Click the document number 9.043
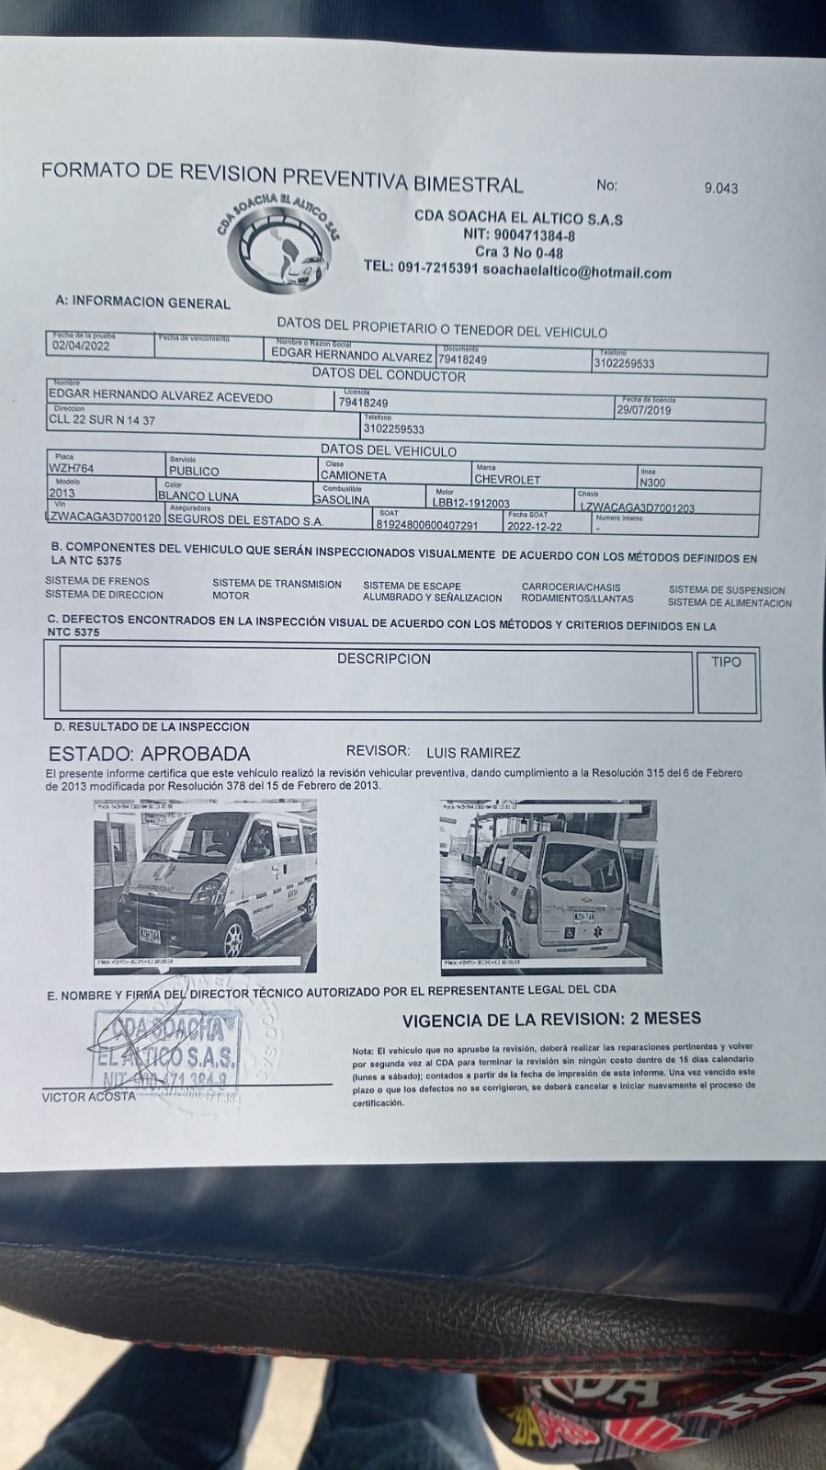pyautogui.click(x=720, y=188)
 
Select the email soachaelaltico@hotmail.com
pyautogui.click(x=576, y=273)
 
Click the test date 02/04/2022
pyautogui.click(x=81, y=347)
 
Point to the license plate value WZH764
pyautogui.click(x=71, y=469)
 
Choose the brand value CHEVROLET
pyautogui.click(x=507, y=479)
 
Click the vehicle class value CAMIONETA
pyautogui.click(x=354, y=476)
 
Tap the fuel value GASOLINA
pyautogui.click(x=341, y=500)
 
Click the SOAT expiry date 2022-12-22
pyautogui.click(x=535, y=526)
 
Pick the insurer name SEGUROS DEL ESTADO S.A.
pyautogui.click(x=245, y=520)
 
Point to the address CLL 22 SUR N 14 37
pyautogui.click(x=102, y=420)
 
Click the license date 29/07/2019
pyautogui.click(x=643, y=411)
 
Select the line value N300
pyautogui.click(x=652, y=483)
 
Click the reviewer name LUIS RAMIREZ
pyautogui.click(x=473, y=752)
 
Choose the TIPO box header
pyautogui.click(x=725, y=662)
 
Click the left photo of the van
pyautogui.click(x=206, y=885)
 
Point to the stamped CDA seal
pyautogui.click(x=167, y=1049)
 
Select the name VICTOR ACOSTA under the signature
pyautogui.click(x=88, y=1097)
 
